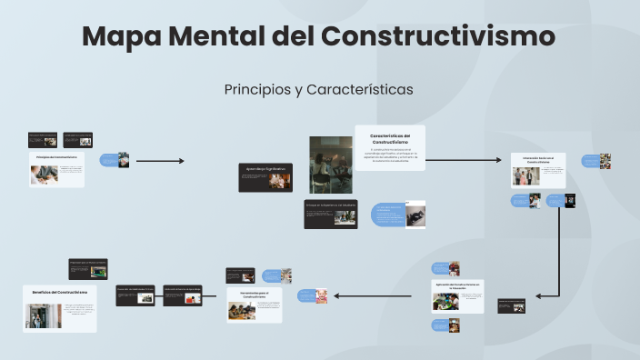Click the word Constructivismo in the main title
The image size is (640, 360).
click(x=437, y=37)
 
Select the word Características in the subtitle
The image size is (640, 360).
click(x=360, y=90)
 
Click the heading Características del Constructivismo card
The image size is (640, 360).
click(x=390, y=139)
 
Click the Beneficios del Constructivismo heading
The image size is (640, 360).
click(x=60, y=292)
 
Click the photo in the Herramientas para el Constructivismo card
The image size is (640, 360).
click(x=241, y=311)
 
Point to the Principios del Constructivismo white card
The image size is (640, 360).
click(x=57, y=168)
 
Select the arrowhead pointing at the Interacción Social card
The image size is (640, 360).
click(x=497, y=161)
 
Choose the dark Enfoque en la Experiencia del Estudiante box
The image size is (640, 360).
click(x=330, y=214)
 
